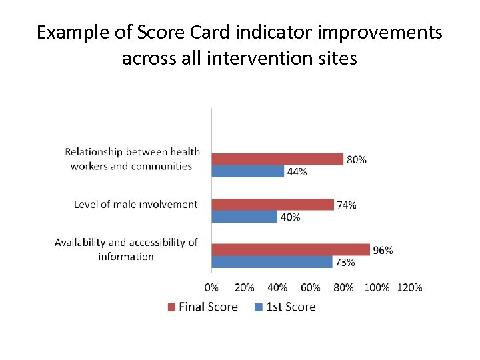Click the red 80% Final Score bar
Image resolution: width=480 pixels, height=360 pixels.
point(277,159)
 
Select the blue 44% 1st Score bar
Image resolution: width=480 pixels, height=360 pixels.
point(248,171)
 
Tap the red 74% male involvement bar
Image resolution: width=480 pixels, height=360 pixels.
point(273,204)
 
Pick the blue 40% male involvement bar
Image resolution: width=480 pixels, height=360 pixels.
point(245,217)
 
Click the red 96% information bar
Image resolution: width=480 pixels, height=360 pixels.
point(291,249)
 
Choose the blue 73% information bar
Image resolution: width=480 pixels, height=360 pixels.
point(272,262)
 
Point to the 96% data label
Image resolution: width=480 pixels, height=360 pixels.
point(383,251)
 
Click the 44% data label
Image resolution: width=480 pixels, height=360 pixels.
point(297,172)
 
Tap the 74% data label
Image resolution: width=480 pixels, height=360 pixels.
point(346,205)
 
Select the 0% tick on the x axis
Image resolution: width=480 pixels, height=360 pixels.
point(211,287)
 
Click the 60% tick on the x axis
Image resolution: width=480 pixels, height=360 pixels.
point(311,287)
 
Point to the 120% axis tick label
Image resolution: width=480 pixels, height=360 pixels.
point(409,287)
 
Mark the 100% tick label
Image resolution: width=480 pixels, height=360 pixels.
point(377,287)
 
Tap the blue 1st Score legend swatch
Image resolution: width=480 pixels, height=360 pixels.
point(258,307)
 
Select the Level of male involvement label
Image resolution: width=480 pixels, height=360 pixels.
point(136,204)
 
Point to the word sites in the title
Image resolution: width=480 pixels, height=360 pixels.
point(339,59)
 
